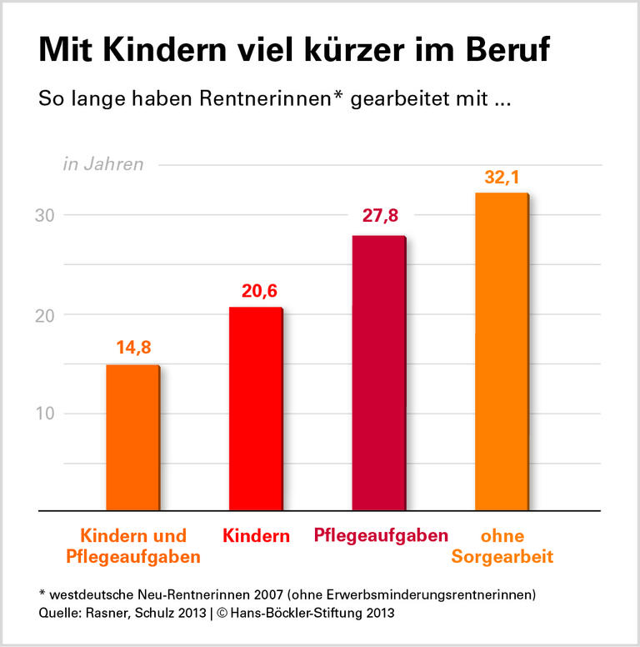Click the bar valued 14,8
tap(132, 438)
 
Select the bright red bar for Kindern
tap(255, 409)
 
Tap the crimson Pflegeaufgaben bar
tap(378, 373)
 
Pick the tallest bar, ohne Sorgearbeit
tap(501, 351)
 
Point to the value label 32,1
tap(502, 178)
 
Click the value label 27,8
tap(379, 217)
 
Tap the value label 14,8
tap(133, 347)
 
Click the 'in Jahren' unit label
tap(103, 164)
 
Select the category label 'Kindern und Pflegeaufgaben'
tap(132, 545)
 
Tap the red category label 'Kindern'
tap(256, 536)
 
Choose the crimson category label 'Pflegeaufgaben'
tap(381, 535)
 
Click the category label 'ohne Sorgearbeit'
tap(502, 545)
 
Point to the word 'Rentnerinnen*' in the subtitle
tap(271, 98)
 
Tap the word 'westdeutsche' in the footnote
tap(92, 595)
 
